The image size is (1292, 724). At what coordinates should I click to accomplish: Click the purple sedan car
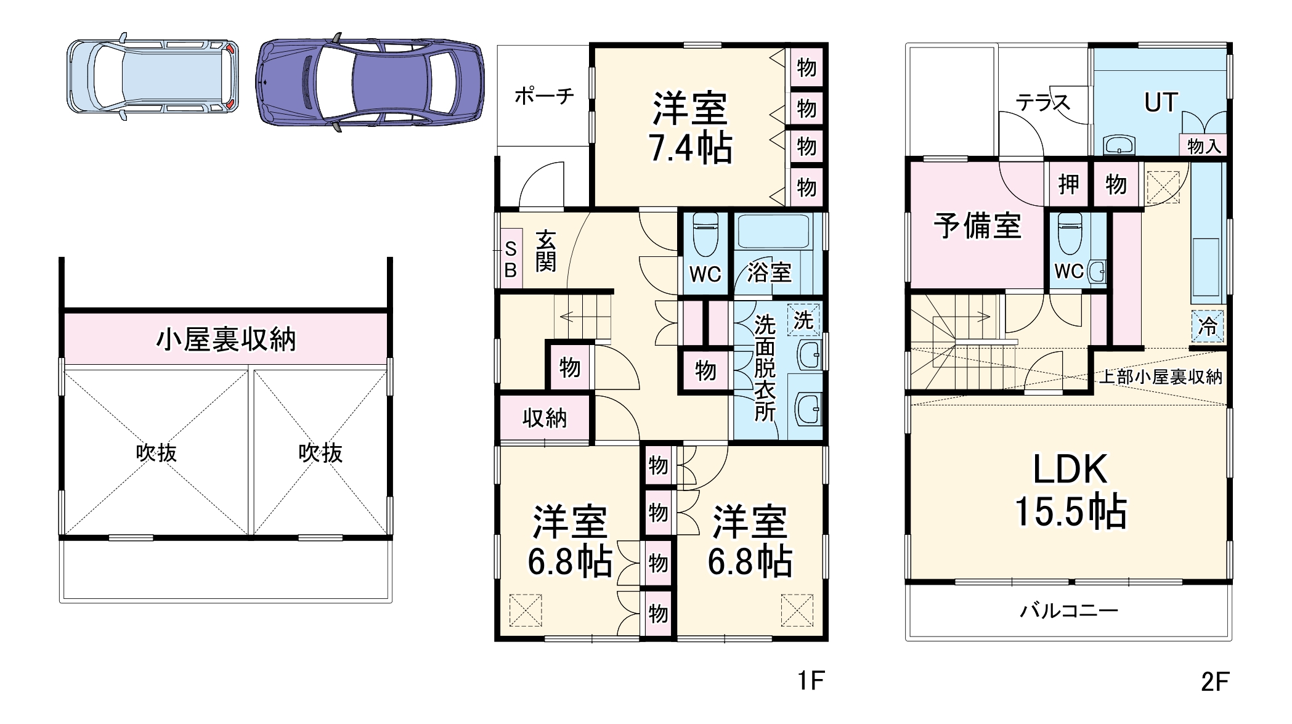pyautogui.click(x=370, y=82)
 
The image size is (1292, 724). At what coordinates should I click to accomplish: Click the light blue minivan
pyautogui.click(x=153, y=77)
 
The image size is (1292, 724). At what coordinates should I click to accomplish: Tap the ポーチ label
pyautogui.click(x=543, y=96)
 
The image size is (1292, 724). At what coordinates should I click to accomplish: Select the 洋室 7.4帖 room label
pyautogui.click(x=690, y=128)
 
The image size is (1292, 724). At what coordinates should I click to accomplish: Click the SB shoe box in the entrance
pyautogui.click(x=510, y=259)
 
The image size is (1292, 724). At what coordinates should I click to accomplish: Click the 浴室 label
pyautogui.click(x=769, y=272)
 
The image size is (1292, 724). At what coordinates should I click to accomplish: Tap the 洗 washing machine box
pyautogui.click(x=803, y=320)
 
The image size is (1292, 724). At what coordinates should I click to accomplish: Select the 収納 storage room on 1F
pyautogui.click(x=545, y=418)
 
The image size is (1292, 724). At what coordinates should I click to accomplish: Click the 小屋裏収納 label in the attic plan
pyautogui.click(x=225, y=340)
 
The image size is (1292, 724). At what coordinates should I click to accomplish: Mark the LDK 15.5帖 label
pyautogui.click(x=1070, y=490)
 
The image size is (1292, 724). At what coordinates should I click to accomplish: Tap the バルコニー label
pyautogui.click(x=1068, y=611)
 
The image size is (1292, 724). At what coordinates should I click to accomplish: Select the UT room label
pyautogui.click(x=1161, y=102)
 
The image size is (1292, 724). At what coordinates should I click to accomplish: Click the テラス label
pyautogui.click(x=1042, y=102)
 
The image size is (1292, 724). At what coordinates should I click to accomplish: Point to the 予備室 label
pyautogui.click(x=977, y=226)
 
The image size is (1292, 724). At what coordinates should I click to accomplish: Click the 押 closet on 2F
pyautogui.click(x=1068, y=184)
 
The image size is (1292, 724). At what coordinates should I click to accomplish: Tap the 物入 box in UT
pyautogui.click(x=1203, y=146)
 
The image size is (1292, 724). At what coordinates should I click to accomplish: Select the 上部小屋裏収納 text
pyautogui.click(x=1160, y=377)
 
